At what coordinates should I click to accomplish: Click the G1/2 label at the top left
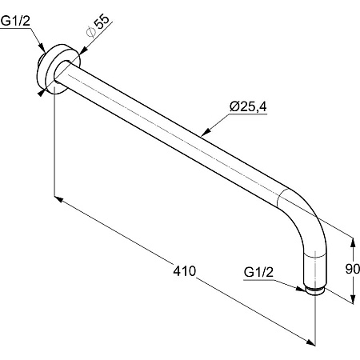tap(15, 21)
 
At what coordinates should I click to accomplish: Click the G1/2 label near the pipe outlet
tap(258, 272)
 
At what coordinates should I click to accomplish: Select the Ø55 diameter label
tap(98, 26)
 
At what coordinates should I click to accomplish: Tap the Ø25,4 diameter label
tap(248, 106)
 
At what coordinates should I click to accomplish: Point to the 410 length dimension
tap(185, 271)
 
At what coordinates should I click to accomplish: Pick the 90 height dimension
tap(353, 269)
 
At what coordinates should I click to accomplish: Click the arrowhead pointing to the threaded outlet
tap(300, 288)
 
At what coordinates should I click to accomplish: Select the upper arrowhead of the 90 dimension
tap(353, 242)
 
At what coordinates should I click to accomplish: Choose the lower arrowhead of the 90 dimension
tap(353, 298)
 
